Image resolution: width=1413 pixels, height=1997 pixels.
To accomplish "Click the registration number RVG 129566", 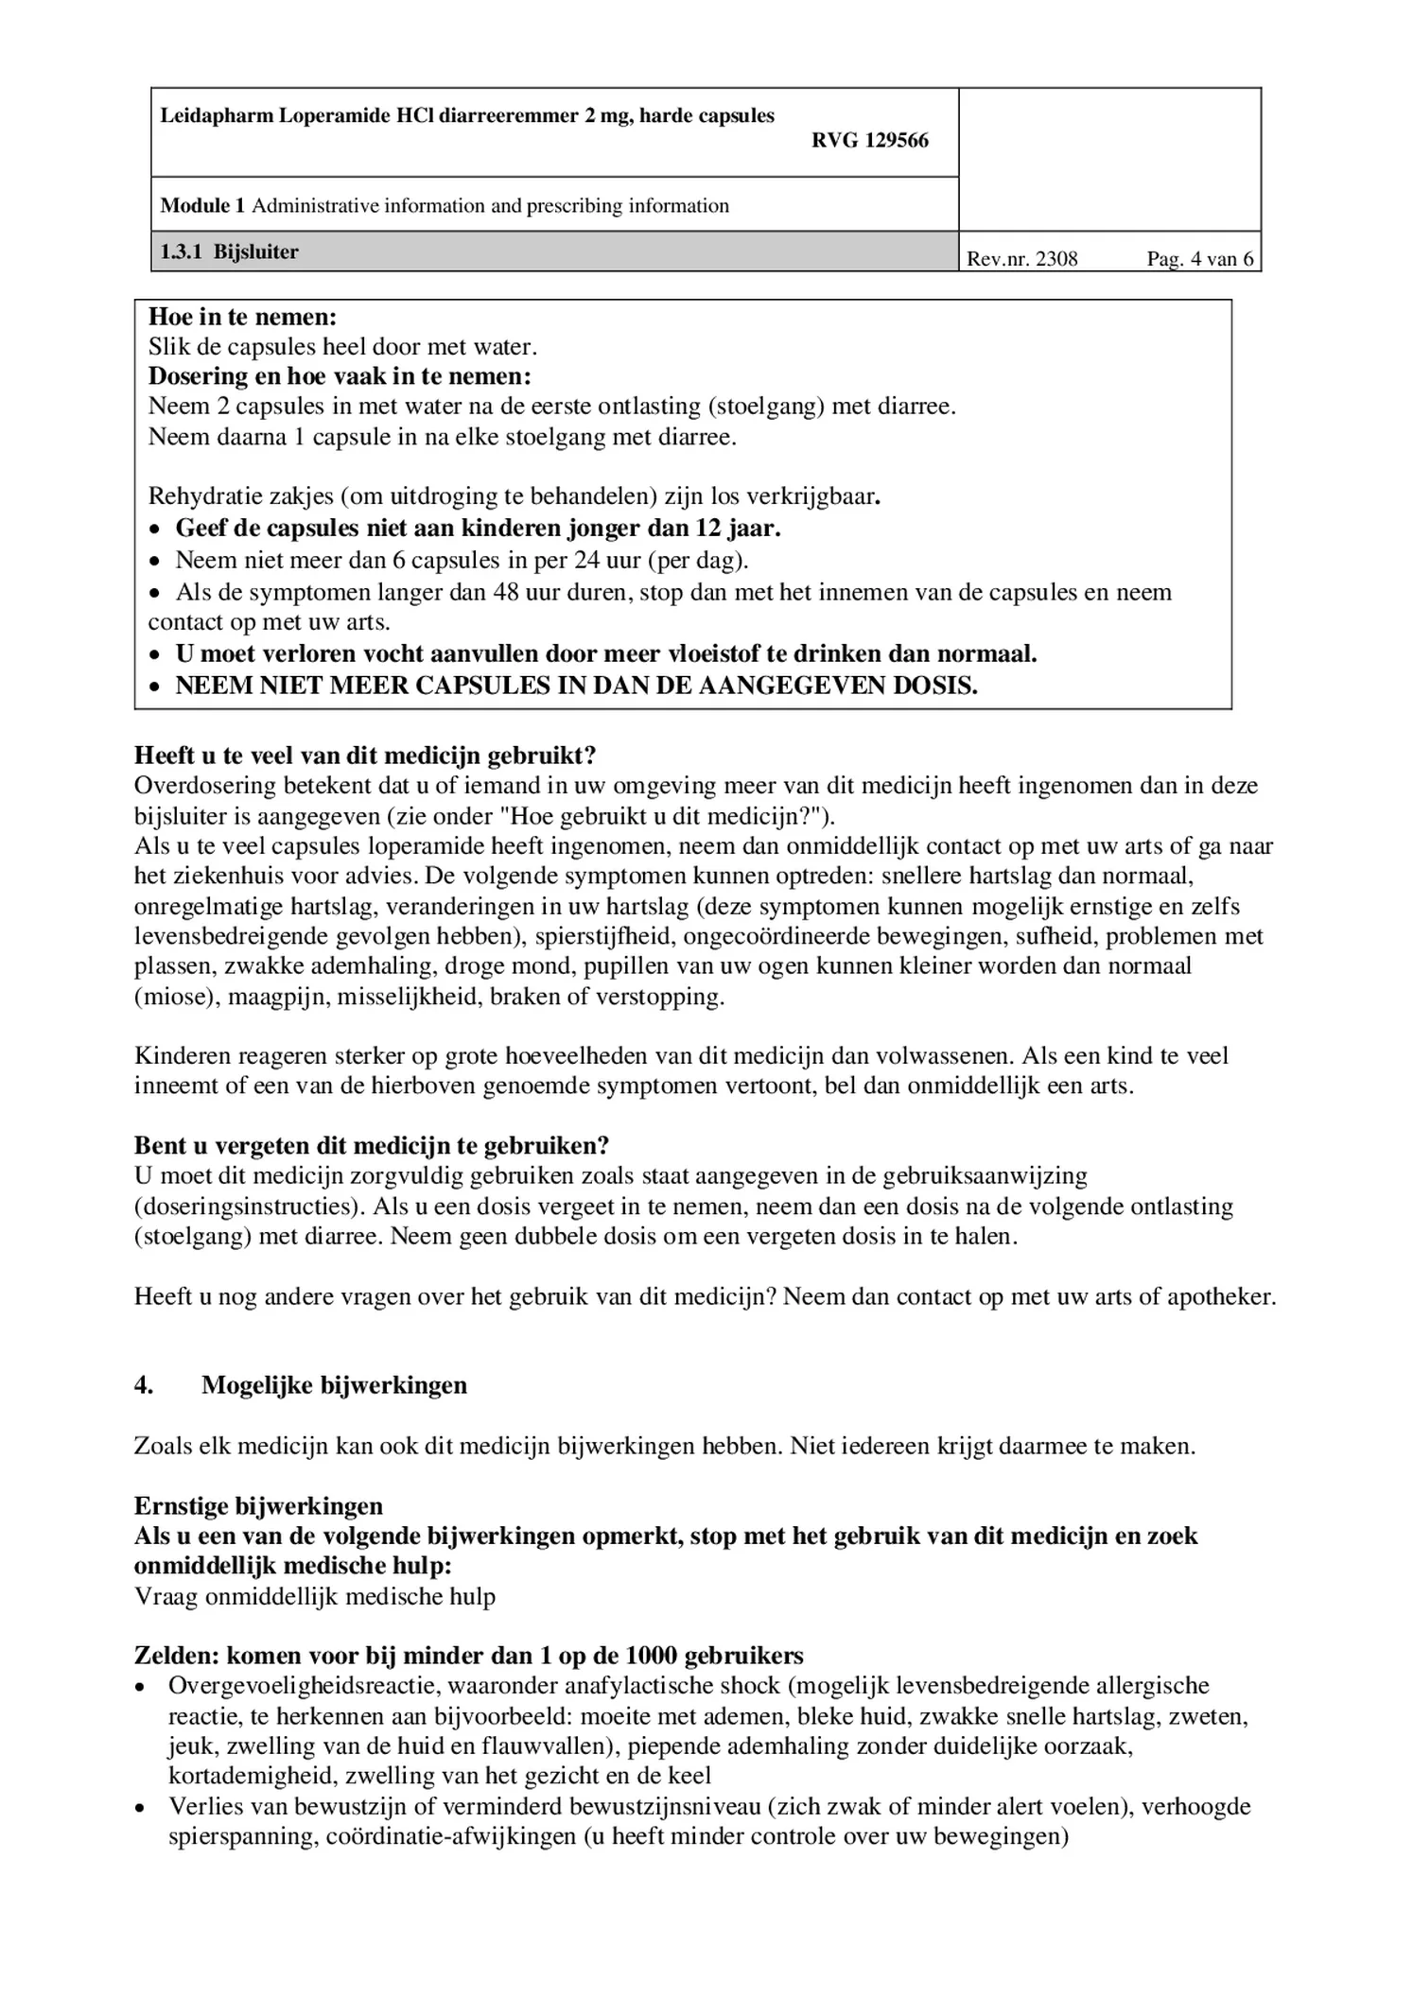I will pyautogui.click(x=869, y=141).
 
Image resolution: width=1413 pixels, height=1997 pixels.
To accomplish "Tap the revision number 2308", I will pyautogui.click(x=1056, y=259).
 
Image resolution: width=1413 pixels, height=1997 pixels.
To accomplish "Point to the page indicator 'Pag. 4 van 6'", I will pyautogui.click(x=1199, y=259).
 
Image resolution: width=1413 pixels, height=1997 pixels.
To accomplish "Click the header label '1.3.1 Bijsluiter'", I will pyautogui.click(x=229, y=252).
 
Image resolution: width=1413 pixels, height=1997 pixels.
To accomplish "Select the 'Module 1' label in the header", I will pyautogui.click(x=202, y=206).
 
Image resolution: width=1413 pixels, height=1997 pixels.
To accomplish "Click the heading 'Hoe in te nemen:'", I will pyautogui.click(x=242, y=317).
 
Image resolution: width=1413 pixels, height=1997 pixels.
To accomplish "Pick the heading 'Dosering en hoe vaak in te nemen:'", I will pyautogui.click(x=340, y=376).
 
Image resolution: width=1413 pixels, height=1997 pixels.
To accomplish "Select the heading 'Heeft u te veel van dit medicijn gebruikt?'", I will pyautogui.click(x=365, y=755).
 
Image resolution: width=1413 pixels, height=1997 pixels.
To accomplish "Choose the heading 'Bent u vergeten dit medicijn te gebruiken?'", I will pyautogui.click(x=372, y=1146).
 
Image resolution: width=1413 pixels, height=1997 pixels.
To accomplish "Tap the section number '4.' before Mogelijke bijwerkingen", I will pyautogui.click(x=144, y=1385).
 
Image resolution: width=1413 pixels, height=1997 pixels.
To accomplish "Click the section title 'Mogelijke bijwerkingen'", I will pyautogui.click(x=334, y=1385).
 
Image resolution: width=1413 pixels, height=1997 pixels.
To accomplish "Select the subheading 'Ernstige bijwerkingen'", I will pyautogui.click(x=258, y=1506).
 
